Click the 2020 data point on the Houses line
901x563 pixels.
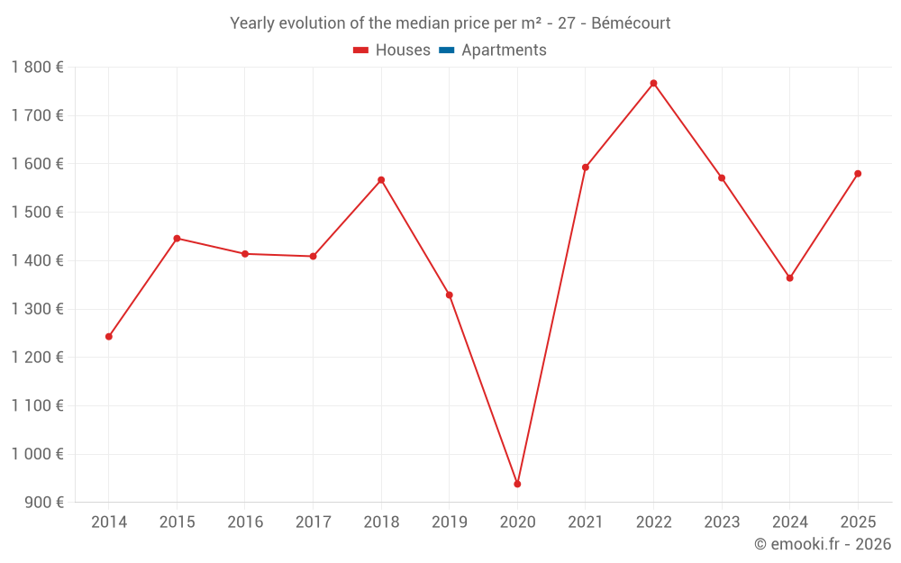click(x=517, y=484)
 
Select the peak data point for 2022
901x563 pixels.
click(x=653, y=83)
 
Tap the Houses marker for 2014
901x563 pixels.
click(x=109, y=336)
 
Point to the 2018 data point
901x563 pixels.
click(x=381, y=179)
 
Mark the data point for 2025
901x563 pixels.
click(x=858, y=173)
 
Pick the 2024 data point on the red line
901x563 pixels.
click(x=789, y=277)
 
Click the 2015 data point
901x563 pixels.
click(x=177, y=238)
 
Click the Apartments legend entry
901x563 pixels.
click(x=504, y=50)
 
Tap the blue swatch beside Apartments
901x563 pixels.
click(x=445, y=50)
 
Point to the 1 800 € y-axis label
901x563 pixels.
click(x=37, y=67)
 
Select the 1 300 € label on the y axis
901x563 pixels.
click(x=37, y=309)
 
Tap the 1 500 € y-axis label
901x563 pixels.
click(x=37, y=212)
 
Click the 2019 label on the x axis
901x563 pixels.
click(x=449, y=522)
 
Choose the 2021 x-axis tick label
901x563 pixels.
click(x=585, y=522)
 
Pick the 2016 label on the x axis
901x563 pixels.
click(x=245, y=522)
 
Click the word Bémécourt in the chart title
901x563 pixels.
click(x=631, y=23)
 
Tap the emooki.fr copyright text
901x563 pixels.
click(x=823, y=544)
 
